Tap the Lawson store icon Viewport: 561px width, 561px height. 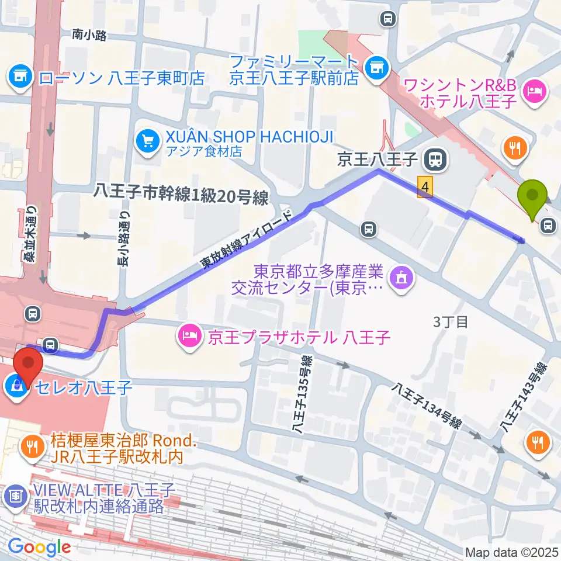point(20,77)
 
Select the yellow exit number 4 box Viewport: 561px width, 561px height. point(426,188)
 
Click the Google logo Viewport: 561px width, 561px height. point(39,548)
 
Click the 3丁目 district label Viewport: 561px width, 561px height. point(451,323)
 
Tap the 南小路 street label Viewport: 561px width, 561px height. point(89,36)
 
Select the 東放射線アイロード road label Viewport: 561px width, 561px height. point(248,239)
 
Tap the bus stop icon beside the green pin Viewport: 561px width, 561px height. point(548,225)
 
